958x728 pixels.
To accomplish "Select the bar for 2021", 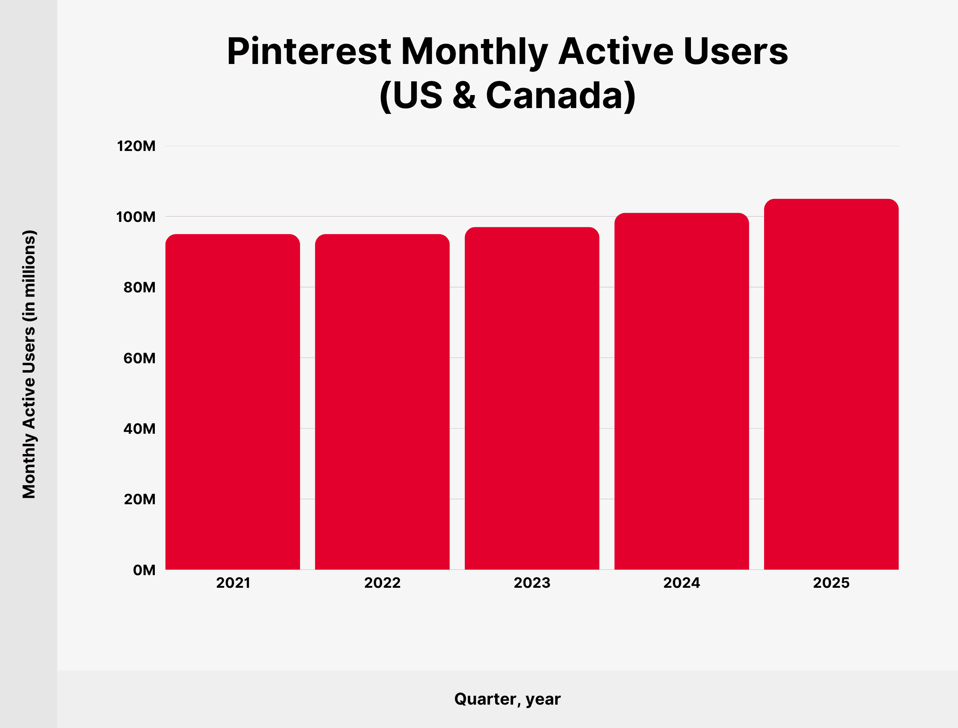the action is [233, 402].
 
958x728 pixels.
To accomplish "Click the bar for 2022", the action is [382, 402].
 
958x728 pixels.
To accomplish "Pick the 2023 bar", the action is [532, 398].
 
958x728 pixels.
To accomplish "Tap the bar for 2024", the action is [682, 391].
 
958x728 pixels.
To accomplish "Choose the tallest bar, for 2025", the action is [831, 384].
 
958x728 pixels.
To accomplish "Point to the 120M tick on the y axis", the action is [136, 146].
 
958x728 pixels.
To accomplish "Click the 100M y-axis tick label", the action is [136, 216].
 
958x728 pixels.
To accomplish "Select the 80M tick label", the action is [139, 287].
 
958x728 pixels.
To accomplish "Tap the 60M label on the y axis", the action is [139, 358].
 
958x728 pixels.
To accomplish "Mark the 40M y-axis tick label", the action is [139, 429].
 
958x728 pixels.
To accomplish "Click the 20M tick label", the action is [139, 499].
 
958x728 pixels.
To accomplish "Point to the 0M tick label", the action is [144, 570].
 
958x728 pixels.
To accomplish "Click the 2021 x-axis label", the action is [233, 583].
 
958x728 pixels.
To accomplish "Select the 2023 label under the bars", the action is [532, 583].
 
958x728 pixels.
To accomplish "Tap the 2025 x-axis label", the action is [831, 583].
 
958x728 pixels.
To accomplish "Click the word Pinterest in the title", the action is [309, 51].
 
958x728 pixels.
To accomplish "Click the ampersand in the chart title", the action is [464, 95].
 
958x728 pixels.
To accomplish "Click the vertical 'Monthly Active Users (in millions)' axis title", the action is [29, 364].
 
